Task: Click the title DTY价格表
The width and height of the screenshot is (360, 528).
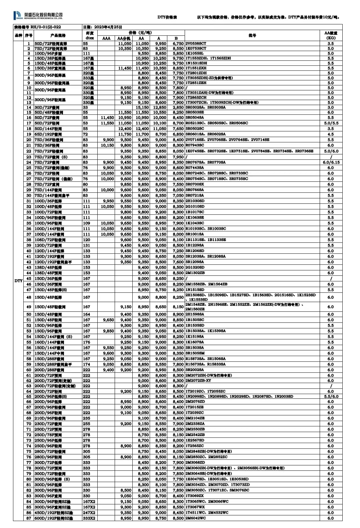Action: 167,17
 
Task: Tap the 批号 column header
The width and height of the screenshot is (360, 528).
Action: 252,35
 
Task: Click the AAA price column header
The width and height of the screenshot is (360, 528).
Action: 106,38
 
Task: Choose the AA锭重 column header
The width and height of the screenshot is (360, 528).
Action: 331,35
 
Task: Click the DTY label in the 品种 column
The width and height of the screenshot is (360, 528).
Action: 18,281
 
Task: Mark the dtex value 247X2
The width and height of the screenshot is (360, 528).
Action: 89,513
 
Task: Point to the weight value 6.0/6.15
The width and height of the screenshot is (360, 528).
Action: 331,162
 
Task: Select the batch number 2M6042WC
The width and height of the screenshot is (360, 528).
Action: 196,518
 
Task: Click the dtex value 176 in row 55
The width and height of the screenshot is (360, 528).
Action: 86,342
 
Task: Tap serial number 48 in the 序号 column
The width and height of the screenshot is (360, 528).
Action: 29,297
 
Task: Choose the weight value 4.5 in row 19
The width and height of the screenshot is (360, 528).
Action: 331,134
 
